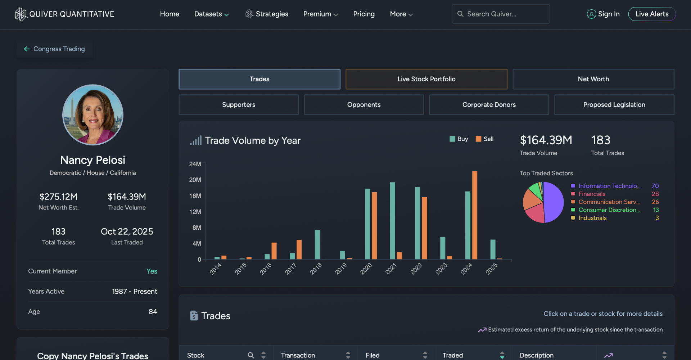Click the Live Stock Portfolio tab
click(426, 79)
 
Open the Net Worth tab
click(593, 79)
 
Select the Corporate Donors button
click(489, 105)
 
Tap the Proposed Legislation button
click(614, 105)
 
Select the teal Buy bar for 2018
click(317, 245)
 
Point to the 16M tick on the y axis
click(195, 196)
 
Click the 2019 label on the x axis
click(341, 269)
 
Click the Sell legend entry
click(485, 139)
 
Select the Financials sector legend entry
click(592, 194)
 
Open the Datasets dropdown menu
click(211, 14)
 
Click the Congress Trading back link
click(55, 49)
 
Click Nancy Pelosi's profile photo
click(93, 115)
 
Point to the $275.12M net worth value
click(58, 197)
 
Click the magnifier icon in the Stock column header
click(251, 355)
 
